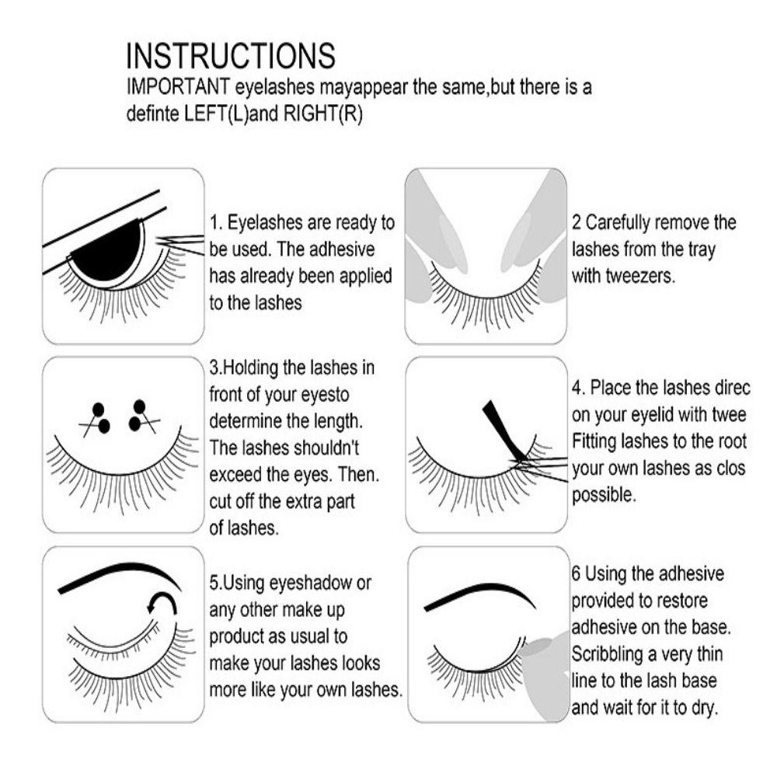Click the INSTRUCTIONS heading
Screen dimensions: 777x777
231,57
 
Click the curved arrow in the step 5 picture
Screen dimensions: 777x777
164,603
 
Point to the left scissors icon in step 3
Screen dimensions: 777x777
97,419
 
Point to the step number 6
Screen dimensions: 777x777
576,574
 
